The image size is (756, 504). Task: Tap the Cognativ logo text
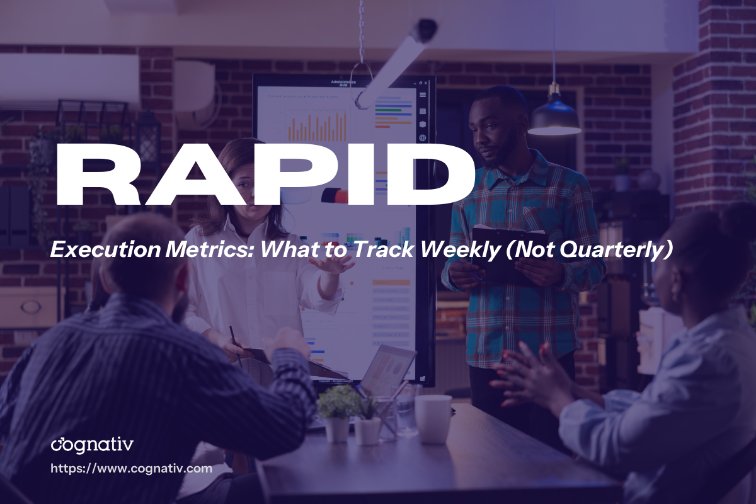(92, 445)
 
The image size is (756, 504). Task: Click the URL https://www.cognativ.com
(131, 469)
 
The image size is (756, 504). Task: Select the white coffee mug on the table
(433, 418)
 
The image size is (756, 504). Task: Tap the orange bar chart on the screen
(318, 126)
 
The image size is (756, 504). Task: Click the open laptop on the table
(384, 372)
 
